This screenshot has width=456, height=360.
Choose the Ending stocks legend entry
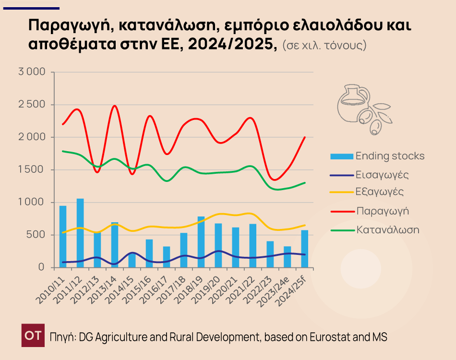(390, 156)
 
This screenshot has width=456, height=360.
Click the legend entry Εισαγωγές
(382, 174)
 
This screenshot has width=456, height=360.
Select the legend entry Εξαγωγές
(380, 192)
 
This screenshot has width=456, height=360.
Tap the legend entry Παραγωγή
(383, 211)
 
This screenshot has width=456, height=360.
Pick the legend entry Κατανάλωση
(388, 229)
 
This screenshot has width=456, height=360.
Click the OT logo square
(33, 336)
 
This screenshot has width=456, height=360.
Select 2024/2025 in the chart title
(232, 45)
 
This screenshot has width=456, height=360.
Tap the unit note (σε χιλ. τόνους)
(324, 46)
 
